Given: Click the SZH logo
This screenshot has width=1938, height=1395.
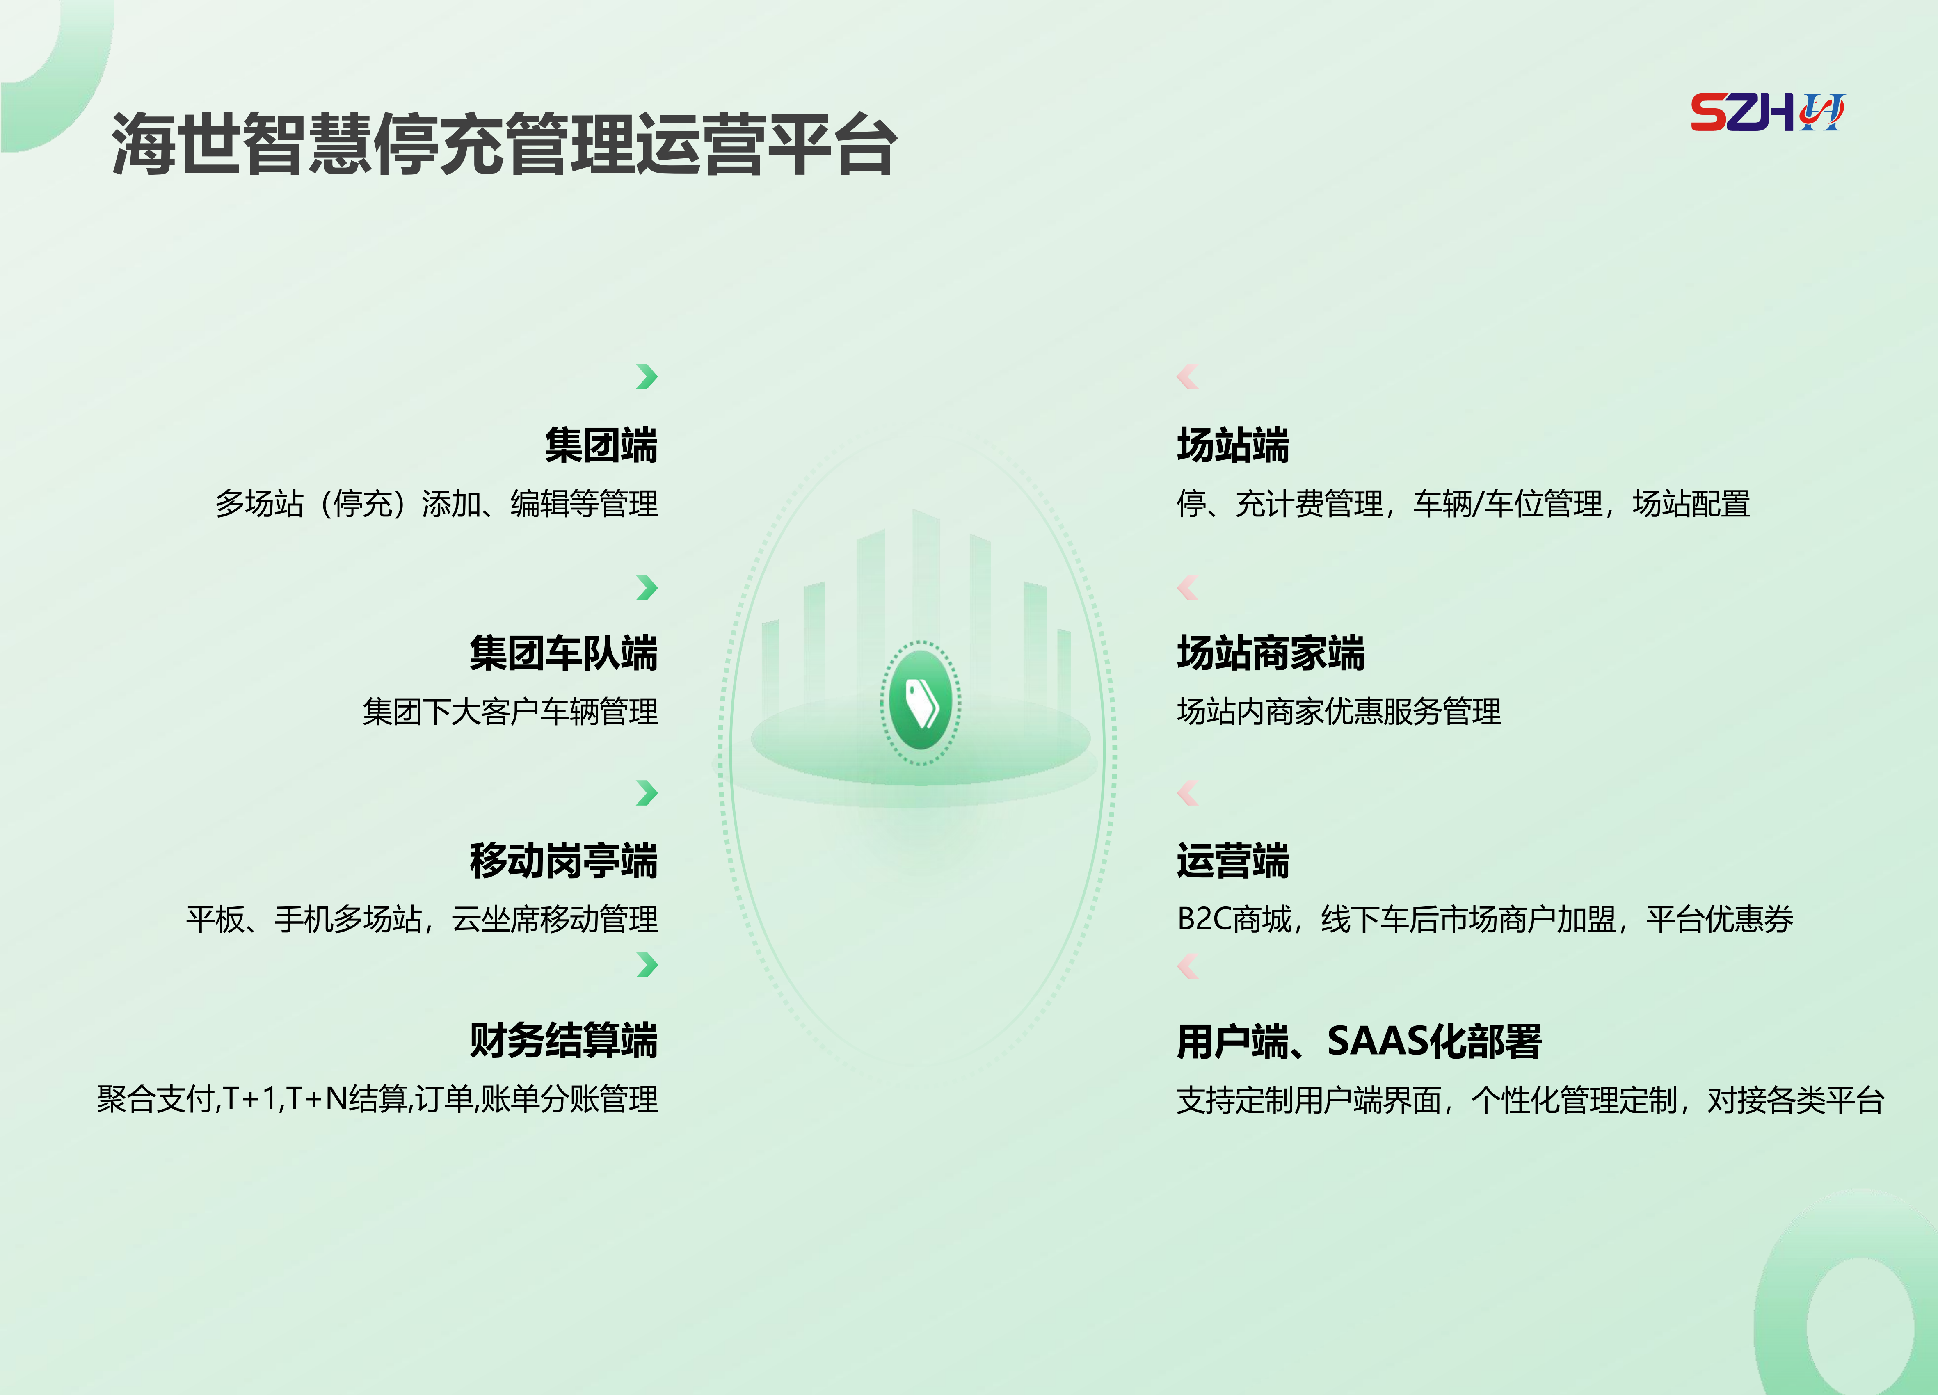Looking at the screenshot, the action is coord(1767,112).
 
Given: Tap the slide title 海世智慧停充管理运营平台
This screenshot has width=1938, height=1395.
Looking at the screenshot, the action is coord(504,144).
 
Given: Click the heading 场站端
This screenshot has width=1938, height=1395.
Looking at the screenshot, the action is coord(1233,445).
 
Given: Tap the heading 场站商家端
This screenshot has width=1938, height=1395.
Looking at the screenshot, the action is coord(1271,653).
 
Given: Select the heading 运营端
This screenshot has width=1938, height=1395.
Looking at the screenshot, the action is coord(1233,860).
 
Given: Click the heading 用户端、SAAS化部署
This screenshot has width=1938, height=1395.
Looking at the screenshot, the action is coord(1359,1041).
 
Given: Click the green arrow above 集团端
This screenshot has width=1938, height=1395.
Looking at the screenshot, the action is coord(647,376).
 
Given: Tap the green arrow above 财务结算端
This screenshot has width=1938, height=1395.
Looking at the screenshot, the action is coord(647,964).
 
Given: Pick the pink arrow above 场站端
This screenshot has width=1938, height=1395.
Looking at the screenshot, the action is coord(1188,376).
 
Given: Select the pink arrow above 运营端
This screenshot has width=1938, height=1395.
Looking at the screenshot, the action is coord(1188,793).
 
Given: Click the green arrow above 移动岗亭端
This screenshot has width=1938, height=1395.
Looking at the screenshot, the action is coord(647,793).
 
